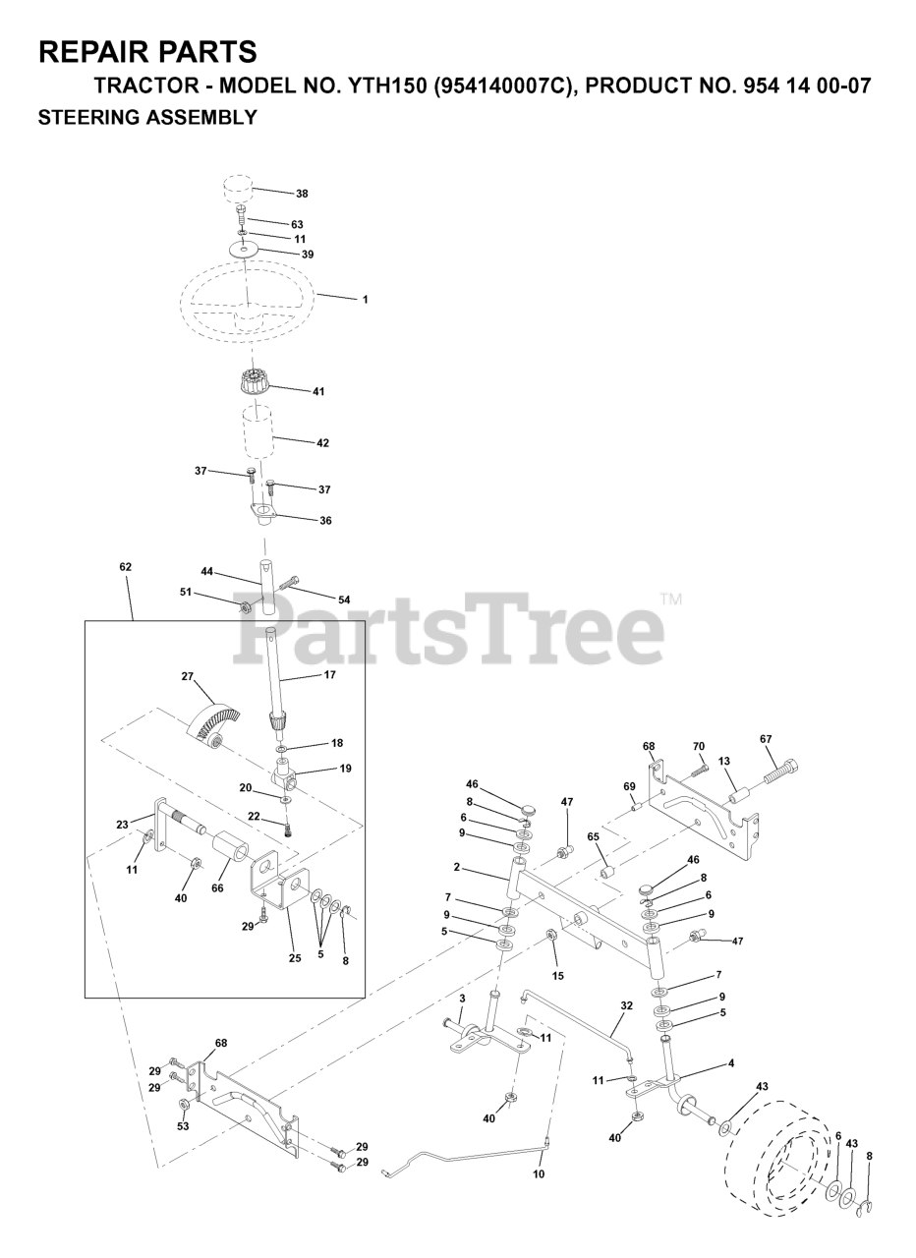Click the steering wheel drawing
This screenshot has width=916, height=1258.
(x=247, y=300)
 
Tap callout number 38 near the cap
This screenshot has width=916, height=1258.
(x=302, y=194)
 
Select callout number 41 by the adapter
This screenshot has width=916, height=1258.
(x=317, y=391)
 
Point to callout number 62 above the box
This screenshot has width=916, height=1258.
(x=125, y=567)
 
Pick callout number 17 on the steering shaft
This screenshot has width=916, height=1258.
(x=329, y=675)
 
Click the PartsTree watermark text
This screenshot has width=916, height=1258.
(x=448, y=629)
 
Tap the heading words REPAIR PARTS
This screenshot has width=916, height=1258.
(x=148, y=51)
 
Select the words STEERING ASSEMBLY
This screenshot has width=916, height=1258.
(x=147, y=118)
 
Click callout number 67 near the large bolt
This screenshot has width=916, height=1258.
(x=766, y=739)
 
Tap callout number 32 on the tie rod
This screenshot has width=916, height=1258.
(x=626, y=1005)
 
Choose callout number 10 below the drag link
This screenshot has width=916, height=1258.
(x=538, y=1173)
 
